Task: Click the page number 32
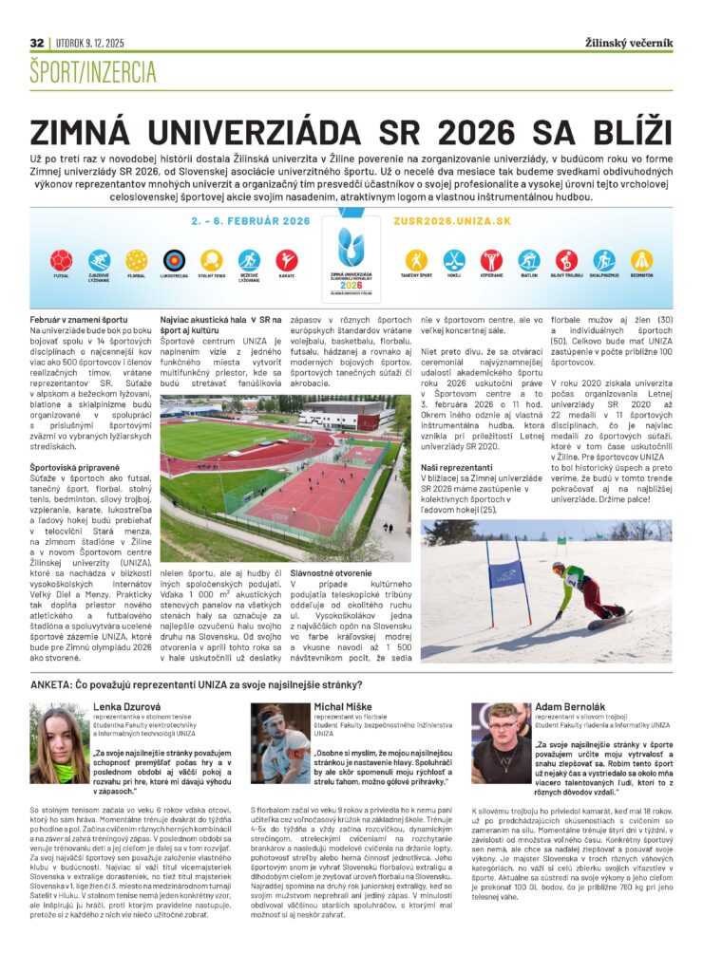tap(37, 43)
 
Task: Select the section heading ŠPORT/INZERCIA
tap(92, 70)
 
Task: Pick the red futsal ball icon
tap(62, 259)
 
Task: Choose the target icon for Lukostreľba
tap(174, 259)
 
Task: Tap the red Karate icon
tap(286, 259)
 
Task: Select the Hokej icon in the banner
tap(454, 259)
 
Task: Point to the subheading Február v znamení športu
tap(73, 322)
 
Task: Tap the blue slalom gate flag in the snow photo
tap(505, 573)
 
